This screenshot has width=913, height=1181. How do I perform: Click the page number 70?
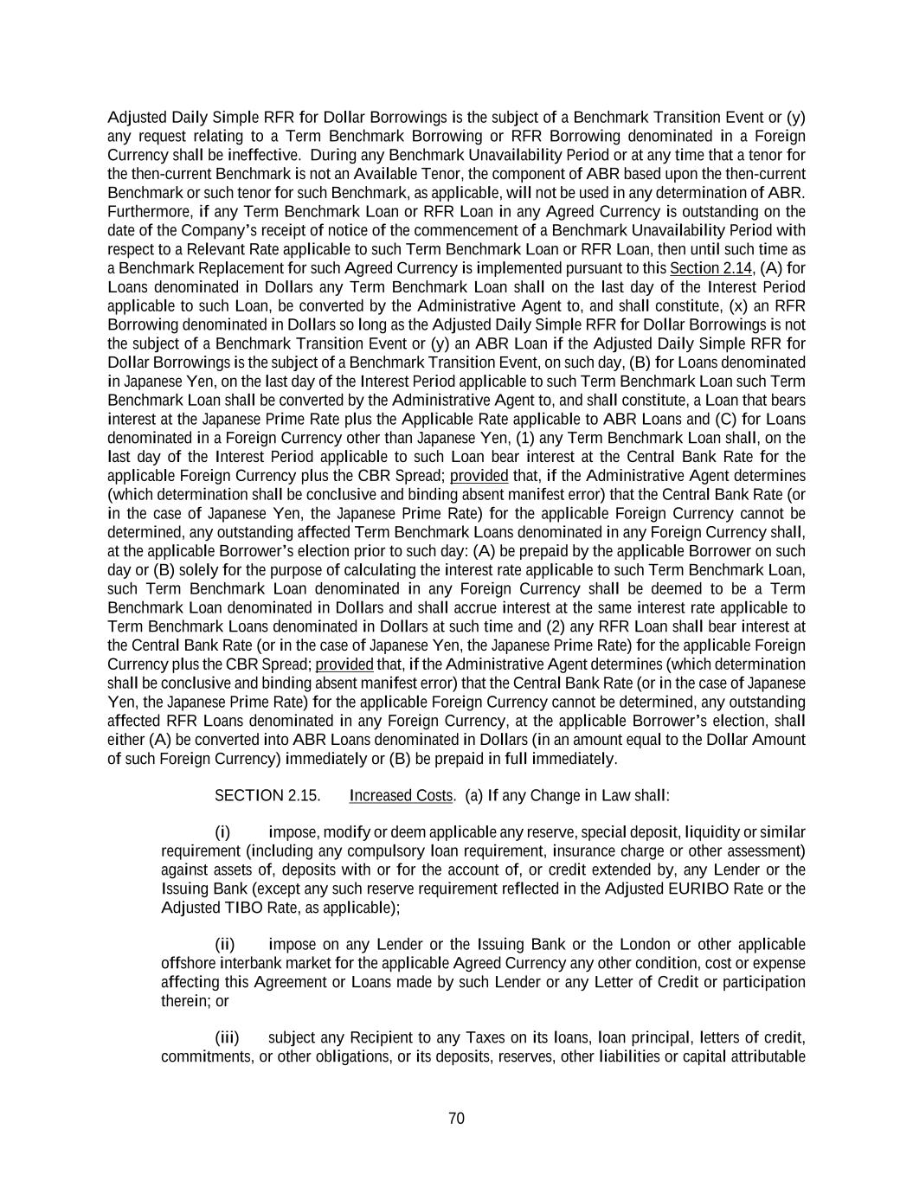coord(456,1118)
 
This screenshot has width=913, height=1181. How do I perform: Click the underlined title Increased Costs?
coord(402,795)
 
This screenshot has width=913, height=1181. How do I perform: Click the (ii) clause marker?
coord(225,944)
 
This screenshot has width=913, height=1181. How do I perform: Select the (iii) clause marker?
coord(227,1037)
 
